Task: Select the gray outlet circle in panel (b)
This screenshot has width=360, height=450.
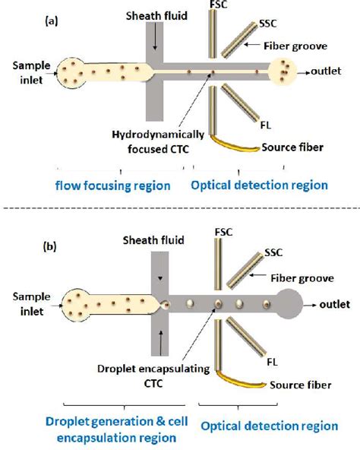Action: (293, 304)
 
